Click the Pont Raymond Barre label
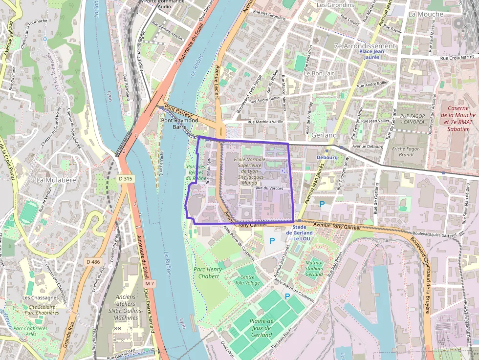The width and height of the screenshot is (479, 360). click(x=179, y=123)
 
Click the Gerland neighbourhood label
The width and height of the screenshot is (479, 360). click(x=324, y=135)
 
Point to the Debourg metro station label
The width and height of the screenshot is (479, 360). click(x=327, y=158)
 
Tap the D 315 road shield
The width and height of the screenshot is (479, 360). click(x=125, y=179)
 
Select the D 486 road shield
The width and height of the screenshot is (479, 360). click(x=92, y=262)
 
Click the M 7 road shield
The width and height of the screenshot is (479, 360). click(x=150, y=284)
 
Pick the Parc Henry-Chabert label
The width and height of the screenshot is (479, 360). click(x=209, y=273)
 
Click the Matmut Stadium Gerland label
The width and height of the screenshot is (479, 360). click(x=314, y=269)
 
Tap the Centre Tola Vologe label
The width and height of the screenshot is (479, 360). click(x=247, y=280)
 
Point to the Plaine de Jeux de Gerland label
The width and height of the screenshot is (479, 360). click(x=261, y=328)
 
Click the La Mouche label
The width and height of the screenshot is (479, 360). click(x=425, y=14)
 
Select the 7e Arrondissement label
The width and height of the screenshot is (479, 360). click(x=364, y=46)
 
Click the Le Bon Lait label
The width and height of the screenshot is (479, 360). click(x=319, y=73)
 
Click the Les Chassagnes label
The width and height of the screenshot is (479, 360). click(x=41, y=297)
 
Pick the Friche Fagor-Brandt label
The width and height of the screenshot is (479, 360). click(x=403, y=151)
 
